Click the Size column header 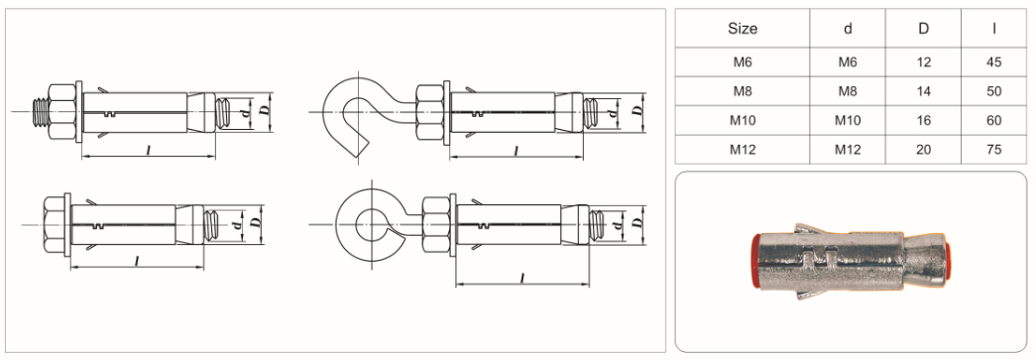pyautogui.click(x=743, y=29)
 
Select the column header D pyautogui.click(x=923, y=29)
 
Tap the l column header pyautogui.click(x=993, y=29)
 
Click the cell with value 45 pyautogui.click(x=993, y=62)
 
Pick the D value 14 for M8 pyautogui.click(x=924, y=91)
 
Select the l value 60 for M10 pyautogui.click(x=993, y=120)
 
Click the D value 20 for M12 pyautogui.click(x=924, y=150)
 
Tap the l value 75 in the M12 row pyautogui.click(x=993, y=150)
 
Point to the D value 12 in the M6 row pyautogui.click(x=924, y=62)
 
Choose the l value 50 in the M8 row pyautogui.click(x=993, y=91)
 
